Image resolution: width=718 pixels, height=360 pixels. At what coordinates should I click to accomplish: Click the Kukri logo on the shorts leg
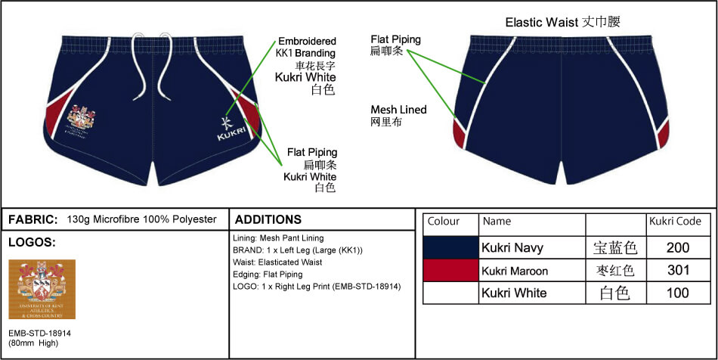tap(227, 129)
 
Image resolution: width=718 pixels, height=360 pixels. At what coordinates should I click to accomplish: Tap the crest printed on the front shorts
tap(81, 119)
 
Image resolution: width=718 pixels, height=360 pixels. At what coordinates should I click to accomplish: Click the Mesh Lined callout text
tap(398, 110)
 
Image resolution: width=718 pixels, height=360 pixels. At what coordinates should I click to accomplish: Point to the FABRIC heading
tap(32, 219)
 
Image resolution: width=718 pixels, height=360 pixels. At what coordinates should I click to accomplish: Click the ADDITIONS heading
tap(268, 219)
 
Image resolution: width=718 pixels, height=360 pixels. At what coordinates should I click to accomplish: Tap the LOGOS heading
tap(32, 242)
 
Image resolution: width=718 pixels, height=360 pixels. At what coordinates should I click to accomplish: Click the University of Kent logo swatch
tap(42, 290)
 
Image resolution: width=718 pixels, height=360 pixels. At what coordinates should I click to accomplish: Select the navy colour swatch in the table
tap(450, 247)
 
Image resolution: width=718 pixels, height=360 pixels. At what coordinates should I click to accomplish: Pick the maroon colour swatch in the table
tap(450, 270)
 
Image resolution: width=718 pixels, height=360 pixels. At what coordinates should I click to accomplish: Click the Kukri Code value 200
tap(678, 247)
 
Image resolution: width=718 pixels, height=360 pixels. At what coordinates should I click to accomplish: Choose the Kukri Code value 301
tap(678, 270)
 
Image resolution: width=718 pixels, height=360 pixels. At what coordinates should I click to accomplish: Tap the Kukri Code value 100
tap(678, 293)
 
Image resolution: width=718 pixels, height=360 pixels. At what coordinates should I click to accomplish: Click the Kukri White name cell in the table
tap(514, 293)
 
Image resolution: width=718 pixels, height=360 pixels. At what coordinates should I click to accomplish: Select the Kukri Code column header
tap(676, 222)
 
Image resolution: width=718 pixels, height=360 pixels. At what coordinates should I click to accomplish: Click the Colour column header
tap(444, 222)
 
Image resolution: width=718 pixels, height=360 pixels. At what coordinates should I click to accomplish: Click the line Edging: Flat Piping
tap(268, 274)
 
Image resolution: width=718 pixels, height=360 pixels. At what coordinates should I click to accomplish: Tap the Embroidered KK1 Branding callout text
tap(306, 47)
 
